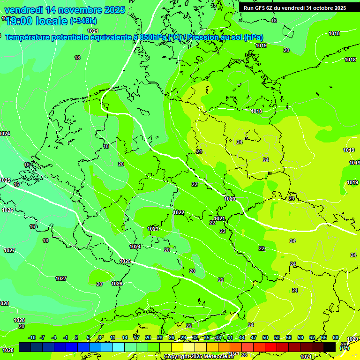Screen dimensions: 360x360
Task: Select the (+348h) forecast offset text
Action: (x=83, y=21)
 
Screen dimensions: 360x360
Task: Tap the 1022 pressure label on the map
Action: (x=179, y=212)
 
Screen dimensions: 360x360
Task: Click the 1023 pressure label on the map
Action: (x=153, y=229)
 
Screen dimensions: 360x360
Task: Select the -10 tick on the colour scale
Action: (x=32, y=337)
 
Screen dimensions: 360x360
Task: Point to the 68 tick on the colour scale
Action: (x=336, y=337)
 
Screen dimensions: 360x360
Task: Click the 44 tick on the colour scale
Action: (x=242, y=337)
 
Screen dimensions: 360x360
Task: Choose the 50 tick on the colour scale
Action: (x=265, y=337)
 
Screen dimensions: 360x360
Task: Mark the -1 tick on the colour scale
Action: (x=66, y=337)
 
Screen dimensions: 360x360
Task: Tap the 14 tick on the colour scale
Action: (x=125, y=337)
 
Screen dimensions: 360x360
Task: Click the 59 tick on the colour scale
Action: (x=300, y=337)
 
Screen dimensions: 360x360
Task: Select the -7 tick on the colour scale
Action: (x=42, y=337)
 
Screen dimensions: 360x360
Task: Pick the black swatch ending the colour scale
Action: (x=330, y=347)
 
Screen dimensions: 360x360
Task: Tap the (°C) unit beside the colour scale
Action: (x=344, y=348)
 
